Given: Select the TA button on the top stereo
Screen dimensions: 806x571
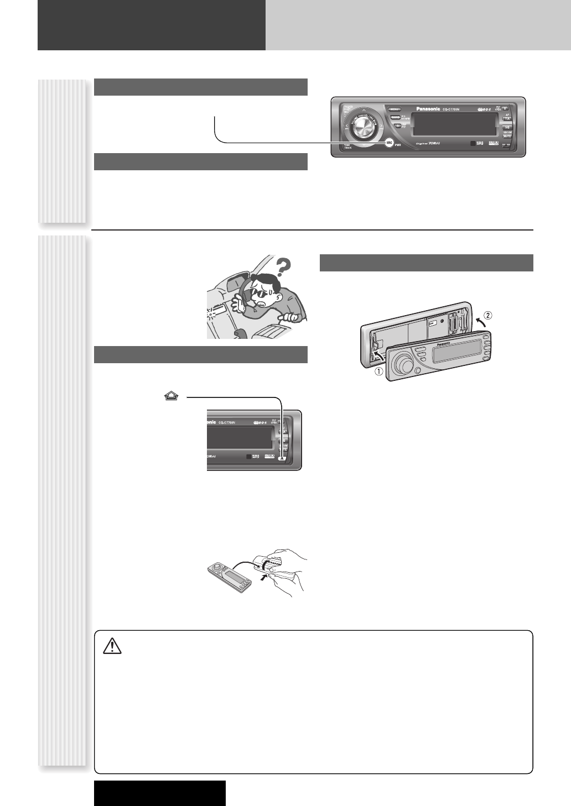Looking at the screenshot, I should tap(507, 118).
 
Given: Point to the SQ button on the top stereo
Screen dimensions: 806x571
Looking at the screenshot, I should tap(507, 127).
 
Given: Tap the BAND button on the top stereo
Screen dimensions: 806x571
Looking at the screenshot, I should tap(395, 117).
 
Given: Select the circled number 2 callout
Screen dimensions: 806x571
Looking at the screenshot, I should tap(486, 316).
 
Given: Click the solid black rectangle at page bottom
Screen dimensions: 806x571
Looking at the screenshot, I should tap(160, 793).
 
